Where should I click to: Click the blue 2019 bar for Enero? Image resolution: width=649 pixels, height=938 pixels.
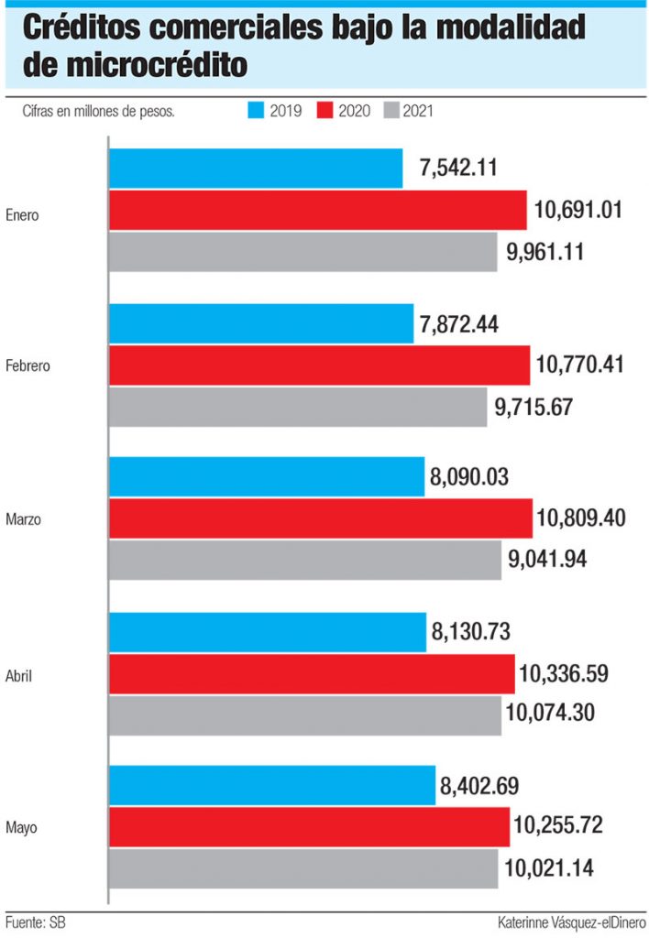[256, 169]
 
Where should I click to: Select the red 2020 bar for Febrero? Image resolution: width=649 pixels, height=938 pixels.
[319, 365]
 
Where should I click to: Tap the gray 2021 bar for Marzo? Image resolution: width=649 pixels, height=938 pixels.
[305, 560]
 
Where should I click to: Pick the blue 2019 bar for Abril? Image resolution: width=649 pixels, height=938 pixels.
[268, 632]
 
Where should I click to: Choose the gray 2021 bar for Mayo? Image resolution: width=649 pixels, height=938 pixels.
[303, 868]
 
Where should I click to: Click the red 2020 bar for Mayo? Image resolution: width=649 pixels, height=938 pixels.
[309, 827]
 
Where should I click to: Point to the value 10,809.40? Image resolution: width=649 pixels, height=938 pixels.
[582, 518]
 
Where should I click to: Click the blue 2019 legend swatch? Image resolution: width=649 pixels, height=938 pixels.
[256, 111]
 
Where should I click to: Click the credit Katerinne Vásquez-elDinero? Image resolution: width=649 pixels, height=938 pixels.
[571, 922]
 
